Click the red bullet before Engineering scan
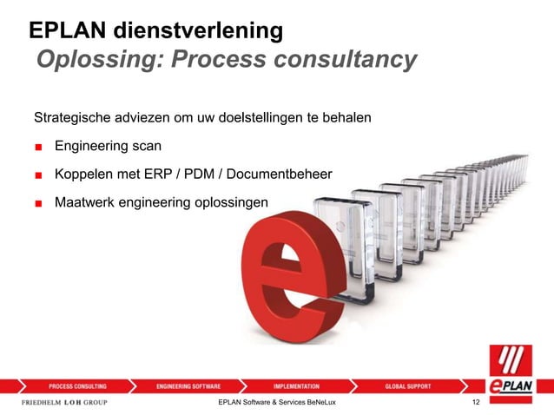(x=39, y=147)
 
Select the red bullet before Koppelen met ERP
(x=39, y=175)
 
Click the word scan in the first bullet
(x=145, y=146)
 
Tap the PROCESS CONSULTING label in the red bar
(x=77, y=385)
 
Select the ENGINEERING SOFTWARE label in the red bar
(x=188, y=385)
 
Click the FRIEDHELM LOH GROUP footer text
(x=63, y=403)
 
